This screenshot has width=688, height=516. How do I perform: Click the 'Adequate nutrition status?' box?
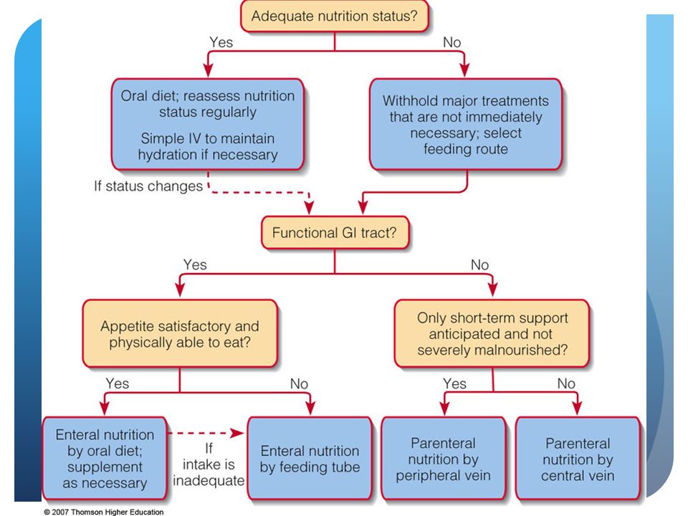[x=335, y=16]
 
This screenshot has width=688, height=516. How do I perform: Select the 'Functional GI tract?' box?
[x=335, y=232]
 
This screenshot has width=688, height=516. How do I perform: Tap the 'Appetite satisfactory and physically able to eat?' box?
[x=180, y=334]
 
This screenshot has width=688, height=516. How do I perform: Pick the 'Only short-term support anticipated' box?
[x=492, y=334]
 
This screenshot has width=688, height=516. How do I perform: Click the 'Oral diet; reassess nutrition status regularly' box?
[x=208, y=125]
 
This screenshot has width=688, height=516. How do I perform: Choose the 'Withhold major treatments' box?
[x=466, y=125]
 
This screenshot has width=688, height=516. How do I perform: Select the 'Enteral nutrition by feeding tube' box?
[x=310, y=459]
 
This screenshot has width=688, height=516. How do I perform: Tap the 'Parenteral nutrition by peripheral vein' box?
[x=444, y=459]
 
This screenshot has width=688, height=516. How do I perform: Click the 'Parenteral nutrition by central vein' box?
[x=578, y=459]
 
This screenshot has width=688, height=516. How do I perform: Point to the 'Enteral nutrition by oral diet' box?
[x=105, y=459]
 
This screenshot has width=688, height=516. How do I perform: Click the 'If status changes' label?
[x=148, y=186]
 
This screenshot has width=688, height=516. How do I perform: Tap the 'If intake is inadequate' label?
[x=209, y=464]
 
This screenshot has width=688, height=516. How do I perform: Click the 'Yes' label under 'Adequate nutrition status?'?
[x=221, y=42]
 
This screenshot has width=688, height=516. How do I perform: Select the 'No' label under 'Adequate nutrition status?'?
[x=452, y=42]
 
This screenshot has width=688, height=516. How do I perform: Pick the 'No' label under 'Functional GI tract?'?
[x=479, y=264]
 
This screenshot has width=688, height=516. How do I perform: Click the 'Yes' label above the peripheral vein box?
[x=454, y=383]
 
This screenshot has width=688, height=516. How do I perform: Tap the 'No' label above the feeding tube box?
[x=299, y=383]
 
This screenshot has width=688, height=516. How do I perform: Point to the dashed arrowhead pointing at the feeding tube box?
[x=237, y=434]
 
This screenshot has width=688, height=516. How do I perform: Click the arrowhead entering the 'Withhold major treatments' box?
[x=464, y=70]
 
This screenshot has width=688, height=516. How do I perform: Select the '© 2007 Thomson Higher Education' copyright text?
[x=103, y=512]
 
